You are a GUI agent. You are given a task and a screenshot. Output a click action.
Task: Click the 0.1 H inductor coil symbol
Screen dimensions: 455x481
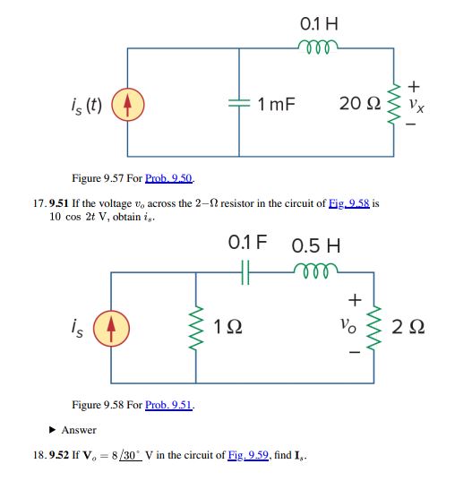318,47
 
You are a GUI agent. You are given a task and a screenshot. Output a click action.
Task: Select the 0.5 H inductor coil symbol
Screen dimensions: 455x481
315,271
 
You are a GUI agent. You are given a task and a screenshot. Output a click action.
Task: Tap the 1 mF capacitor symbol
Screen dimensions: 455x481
239,103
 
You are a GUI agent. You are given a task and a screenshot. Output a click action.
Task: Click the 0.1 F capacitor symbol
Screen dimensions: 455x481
245,272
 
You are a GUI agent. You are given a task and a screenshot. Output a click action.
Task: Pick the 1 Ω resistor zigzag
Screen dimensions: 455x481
196,328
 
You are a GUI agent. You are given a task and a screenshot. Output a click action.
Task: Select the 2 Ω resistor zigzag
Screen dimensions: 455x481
374,328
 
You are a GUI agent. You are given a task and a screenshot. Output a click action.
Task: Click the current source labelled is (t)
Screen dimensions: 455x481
128,104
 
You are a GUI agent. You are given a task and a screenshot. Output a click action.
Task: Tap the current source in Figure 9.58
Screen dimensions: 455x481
111,328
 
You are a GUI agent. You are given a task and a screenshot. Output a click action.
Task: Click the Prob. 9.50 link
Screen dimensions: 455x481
168,178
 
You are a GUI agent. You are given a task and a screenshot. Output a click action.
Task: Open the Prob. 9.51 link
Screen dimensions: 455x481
168,405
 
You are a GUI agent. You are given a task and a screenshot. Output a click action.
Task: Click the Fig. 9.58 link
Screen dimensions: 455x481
349,203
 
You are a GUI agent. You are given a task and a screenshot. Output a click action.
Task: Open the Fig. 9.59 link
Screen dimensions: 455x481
248,455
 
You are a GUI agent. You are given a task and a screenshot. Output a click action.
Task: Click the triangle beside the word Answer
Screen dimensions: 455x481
53,430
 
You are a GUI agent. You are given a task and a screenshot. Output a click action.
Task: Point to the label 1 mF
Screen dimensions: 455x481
276,104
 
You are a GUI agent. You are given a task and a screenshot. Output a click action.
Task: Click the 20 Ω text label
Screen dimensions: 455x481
360,103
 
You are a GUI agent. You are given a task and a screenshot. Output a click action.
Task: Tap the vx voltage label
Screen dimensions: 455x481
416,105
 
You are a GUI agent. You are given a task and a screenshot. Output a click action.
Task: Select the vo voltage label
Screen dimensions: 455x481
348,325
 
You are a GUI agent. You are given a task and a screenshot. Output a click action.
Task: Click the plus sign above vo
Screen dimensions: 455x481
355,300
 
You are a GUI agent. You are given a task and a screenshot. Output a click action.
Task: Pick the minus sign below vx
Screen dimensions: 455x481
411,125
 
